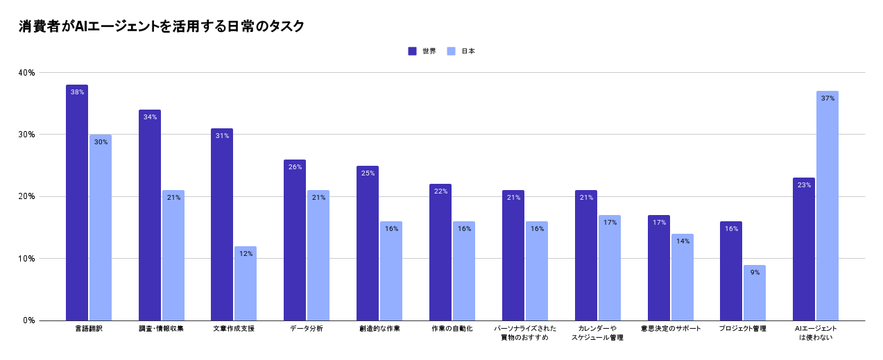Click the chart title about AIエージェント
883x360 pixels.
[161, 26]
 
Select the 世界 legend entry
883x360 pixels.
[422, 51]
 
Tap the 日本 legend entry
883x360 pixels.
[462, 51]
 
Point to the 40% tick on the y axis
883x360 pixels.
[27, 73]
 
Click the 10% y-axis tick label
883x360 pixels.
[27, 259]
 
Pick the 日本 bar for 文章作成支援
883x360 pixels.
[246, 284]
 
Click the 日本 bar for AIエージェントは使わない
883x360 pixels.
[828, 208]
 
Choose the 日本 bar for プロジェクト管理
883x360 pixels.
[755, 295]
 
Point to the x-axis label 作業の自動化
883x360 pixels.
[452, 329]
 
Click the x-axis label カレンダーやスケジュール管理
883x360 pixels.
[597, 333]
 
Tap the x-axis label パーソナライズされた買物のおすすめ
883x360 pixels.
[525, 333]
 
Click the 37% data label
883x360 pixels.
[828, 98]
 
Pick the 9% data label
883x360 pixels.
[755, 273]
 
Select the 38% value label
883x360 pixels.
[77, 92]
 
